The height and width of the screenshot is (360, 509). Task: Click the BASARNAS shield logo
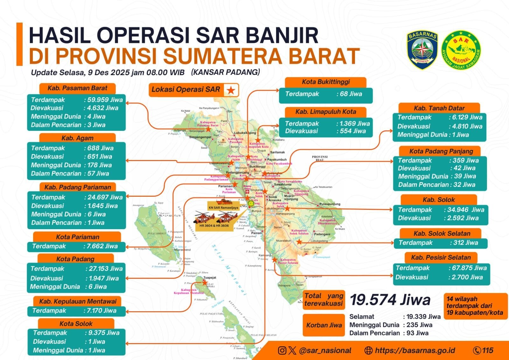[422, 50]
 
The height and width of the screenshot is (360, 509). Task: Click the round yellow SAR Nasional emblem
[461, 50]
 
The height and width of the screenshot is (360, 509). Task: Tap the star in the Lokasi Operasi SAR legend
[231, 90]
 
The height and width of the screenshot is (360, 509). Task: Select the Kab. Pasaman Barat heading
[77, 88]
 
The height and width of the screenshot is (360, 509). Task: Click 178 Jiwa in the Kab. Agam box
[99, 165]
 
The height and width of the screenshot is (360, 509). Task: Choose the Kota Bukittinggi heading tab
[325, 82]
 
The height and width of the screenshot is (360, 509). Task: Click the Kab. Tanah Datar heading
[439, 108]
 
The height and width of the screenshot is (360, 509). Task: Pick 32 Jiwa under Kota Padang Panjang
[464, 185]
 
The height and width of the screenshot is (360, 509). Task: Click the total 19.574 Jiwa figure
[390, 300]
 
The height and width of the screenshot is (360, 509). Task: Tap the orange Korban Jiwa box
[324, 325]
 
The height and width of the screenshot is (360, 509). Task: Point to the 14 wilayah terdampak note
[475, 306]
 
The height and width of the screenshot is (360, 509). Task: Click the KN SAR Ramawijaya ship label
[223, 208]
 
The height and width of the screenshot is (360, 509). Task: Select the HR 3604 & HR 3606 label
[214, 226]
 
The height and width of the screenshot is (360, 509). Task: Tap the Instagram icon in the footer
[282, 350]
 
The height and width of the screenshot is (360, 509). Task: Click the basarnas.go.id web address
[415, 350]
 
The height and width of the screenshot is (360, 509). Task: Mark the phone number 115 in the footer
[487, 350]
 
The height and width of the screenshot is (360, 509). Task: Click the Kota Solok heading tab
[76, 324]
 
